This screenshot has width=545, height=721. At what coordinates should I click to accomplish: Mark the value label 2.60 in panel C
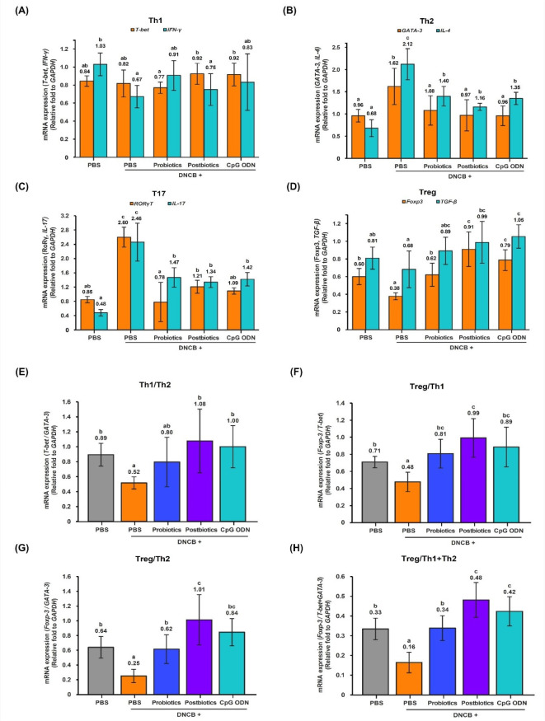tap(124, 222)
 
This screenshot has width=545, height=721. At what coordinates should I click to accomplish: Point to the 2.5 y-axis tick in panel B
tap(340, 24)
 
